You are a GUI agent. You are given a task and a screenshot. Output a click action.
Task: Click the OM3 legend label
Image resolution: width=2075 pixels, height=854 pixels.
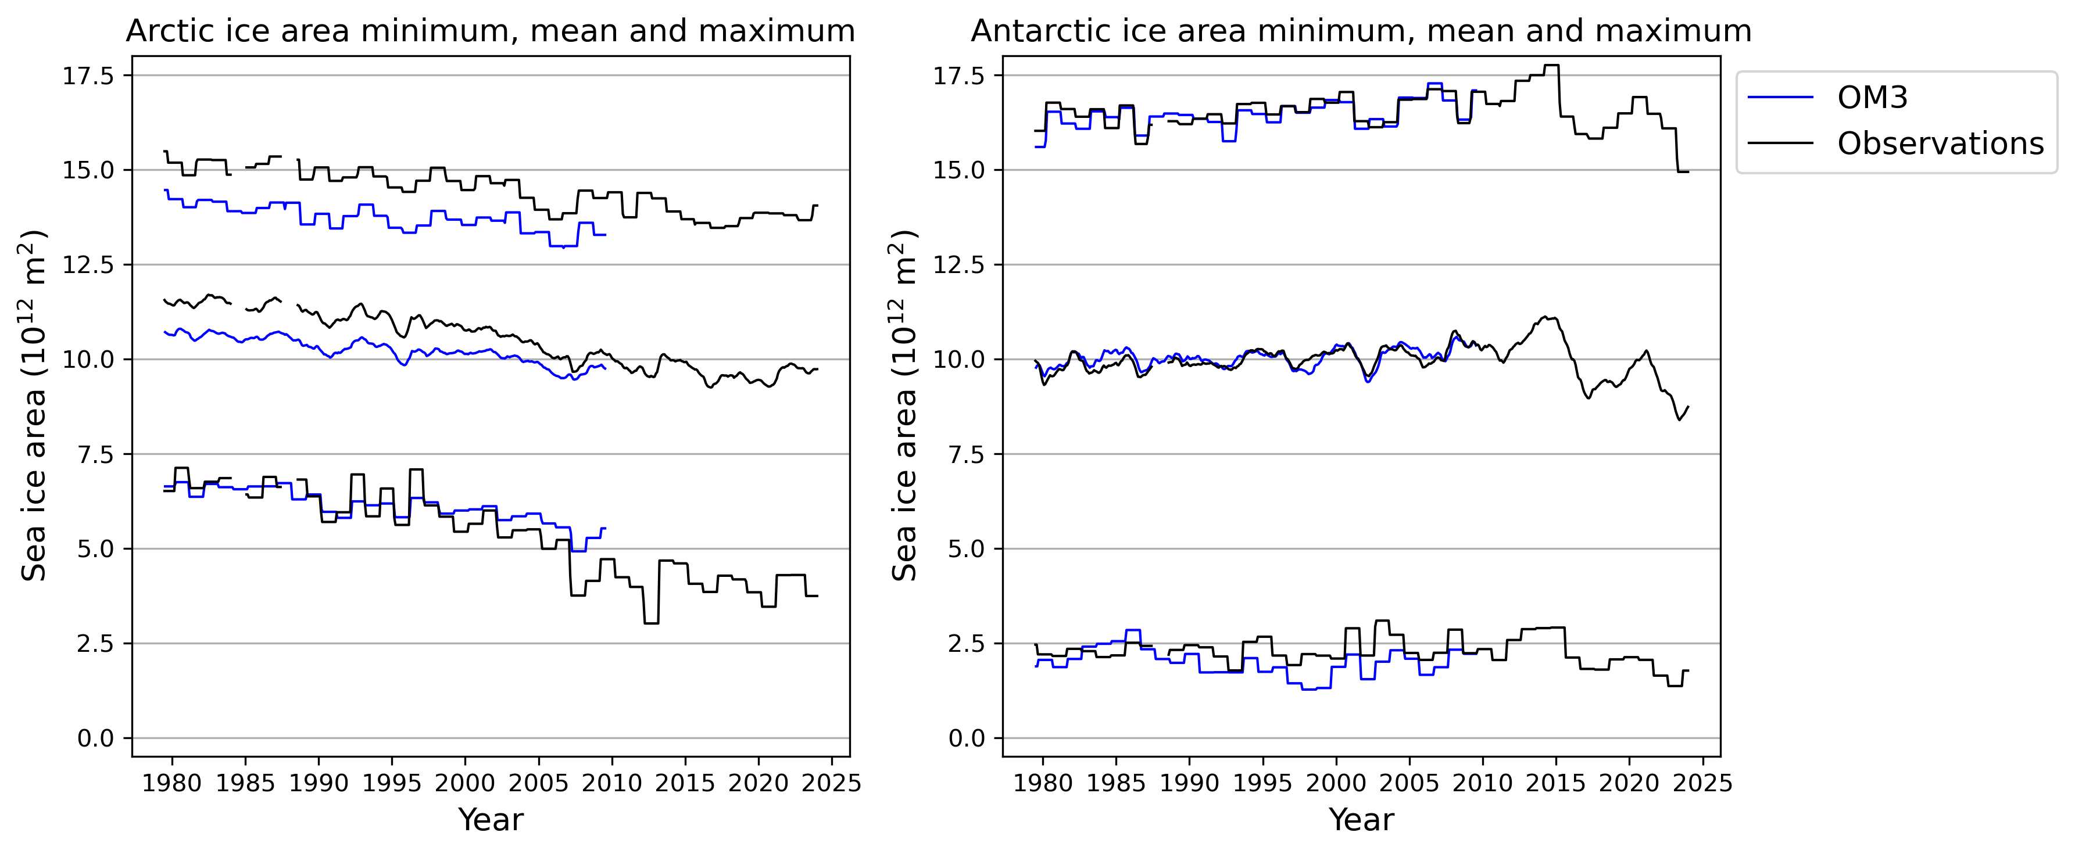point(1872,98)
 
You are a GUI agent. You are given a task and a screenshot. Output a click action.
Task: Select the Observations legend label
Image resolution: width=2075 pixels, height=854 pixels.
point(1940,144)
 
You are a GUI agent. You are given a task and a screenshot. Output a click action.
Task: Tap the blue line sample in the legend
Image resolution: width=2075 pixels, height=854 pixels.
point(1780,98)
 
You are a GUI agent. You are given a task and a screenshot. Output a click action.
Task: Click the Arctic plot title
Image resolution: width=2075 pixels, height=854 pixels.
point(490,31)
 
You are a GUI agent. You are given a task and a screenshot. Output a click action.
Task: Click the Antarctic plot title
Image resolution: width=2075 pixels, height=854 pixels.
point(1361,31)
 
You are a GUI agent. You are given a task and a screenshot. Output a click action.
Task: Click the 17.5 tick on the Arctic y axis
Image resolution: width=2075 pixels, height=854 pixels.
point(88,76)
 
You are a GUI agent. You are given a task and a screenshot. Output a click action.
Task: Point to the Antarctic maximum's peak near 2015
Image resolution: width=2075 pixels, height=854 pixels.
point(1551,65)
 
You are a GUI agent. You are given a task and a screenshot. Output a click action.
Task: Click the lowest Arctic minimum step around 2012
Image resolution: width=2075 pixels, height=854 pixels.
point(651,623)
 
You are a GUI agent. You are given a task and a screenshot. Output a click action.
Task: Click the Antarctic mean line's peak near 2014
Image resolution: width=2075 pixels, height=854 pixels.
point(1544,317)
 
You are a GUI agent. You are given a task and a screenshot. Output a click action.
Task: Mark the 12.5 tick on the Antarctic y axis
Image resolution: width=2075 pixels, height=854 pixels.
point(958,265)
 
